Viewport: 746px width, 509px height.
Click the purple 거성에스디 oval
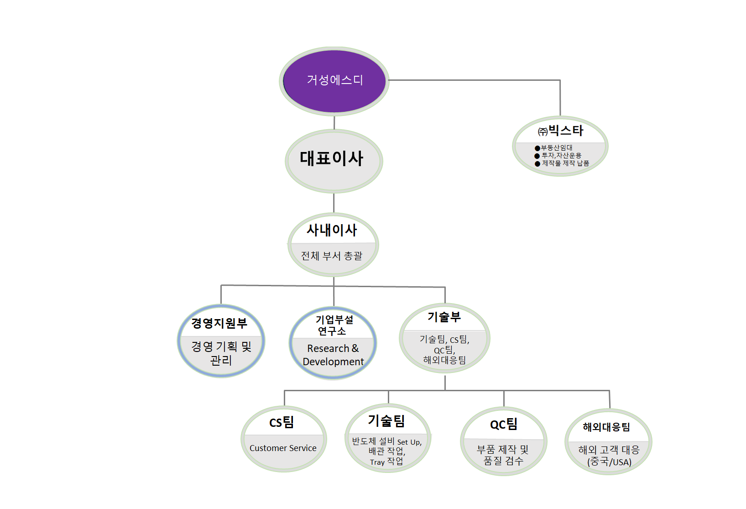tap(334, 80)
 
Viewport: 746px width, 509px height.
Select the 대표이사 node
tap(332, 159)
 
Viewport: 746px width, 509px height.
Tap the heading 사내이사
tap(332, 230)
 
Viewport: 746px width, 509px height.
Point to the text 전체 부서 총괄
tap(332, 256)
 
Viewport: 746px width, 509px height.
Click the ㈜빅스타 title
tap(560, 131)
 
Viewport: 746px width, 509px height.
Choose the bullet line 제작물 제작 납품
tap(565, 163)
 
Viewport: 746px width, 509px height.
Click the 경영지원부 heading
tap(219, 323)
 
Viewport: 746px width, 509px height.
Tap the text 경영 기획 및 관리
tap(221, 353)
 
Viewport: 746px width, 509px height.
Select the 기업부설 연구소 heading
tap(334, 325)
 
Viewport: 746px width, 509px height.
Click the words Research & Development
tap(333, 355)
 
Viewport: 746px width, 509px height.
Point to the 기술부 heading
tap(444, 316)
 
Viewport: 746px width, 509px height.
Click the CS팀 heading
tap(282, 422)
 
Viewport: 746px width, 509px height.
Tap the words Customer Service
tap(283, 448)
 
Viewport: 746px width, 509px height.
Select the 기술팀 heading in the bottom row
tap(386, 420)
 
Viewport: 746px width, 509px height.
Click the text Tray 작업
tap(386, 462)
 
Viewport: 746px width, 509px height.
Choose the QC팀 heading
tap(504, 425)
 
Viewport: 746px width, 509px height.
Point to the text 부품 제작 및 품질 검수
tap(503, 455)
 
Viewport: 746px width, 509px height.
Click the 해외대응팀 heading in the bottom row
tap(606, 427)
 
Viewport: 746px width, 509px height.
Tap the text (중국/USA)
tap(609, 462)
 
